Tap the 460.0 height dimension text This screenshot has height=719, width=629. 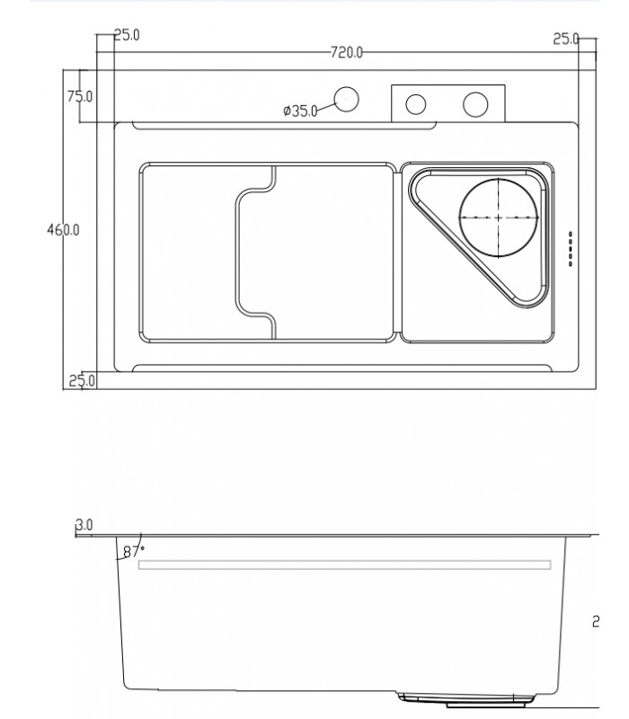63,230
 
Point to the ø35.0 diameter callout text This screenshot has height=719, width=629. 300,111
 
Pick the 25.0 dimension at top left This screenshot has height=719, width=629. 125,36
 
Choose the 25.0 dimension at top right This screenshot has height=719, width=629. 565,39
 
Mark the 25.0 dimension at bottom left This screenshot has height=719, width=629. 82,380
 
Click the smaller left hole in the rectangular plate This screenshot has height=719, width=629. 416,104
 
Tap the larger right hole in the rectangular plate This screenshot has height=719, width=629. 474,104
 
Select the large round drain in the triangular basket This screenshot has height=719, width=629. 499,217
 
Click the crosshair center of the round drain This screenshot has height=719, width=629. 499,217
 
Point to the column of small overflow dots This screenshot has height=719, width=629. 571,249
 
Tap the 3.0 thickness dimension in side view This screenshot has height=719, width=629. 85,524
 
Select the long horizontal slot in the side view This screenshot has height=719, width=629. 344,564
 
